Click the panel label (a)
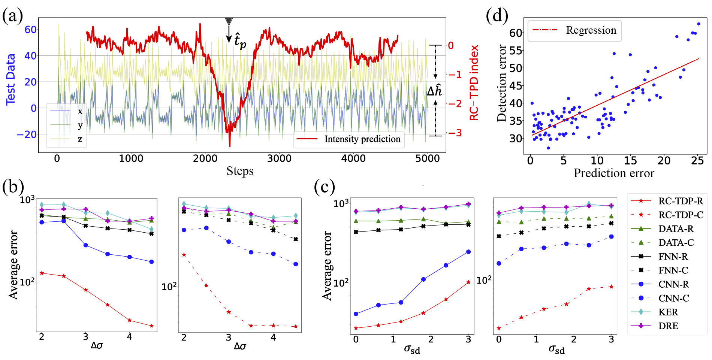[13, 16]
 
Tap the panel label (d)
[497, 16]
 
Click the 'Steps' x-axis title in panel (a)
[240, 171]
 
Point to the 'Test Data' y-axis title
[10, 79]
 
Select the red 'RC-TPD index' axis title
[474, 83]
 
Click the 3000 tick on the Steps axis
[279, 159]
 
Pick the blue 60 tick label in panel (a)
[30, 30]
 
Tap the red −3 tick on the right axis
[455, 133]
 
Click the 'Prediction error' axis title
[614, 173]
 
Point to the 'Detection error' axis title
[501, 83]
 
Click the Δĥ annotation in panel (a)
[435, 91]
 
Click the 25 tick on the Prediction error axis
[697, 161]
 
